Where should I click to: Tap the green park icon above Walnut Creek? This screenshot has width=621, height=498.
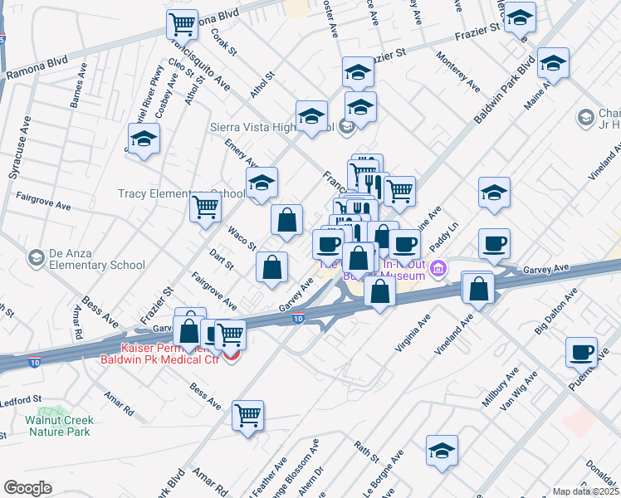[x=56, y=411]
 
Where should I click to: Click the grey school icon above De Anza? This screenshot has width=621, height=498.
[x=36, y=258]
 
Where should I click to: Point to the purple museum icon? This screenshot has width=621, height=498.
[x=438, y=270]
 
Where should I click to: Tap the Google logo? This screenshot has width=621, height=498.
[x=27, y=488]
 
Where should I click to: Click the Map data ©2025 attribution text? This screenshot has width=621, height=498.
[x=586, y=491]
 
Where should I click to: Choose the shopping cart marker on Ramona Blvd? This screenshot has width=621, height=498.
[x=182, y=24]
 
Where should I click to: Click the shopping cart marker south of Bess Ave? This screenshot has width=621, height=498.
[x=247, y=415]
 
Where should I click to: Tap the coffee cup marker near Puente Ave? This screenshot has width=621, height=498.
[x=582, y=351]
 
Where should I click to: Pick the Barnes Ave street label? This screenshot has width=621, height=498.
[x=78, y=90]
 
